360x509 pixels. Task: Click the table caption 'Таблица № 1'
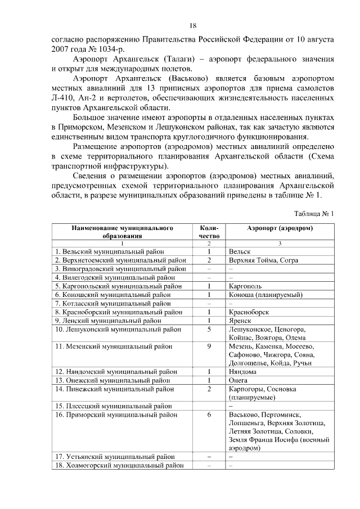point(314,214)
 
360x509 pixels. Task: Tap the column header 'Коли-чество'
point(209,232)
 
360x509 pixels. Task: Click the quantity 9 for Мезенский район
point(209,346)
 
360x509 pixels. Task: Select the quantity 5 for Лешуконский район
point(209,329)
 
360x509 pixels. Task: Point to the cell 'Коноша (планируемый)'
point(265,294)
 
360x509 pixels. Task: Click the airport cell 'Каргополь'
point(246,286)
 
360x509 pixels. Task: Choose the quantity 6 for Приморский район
point(209,415)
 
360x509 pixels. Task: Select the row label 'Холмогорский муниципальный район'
point(119,466)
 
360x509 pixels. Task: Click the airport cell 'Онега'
point(239,380)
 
